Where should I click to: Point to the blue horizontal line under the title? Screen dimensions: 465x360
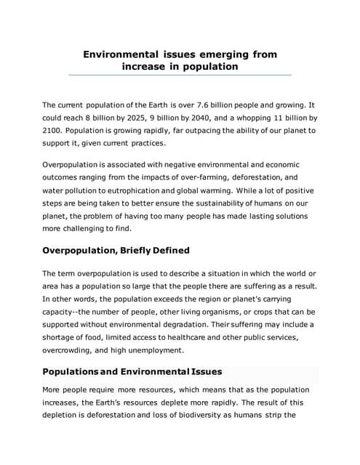point(180,75)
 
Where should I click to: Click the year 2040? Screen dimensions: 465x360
point(201,118)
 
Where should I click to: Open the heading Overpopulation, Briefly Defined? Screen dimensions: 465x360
point(116,251)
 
